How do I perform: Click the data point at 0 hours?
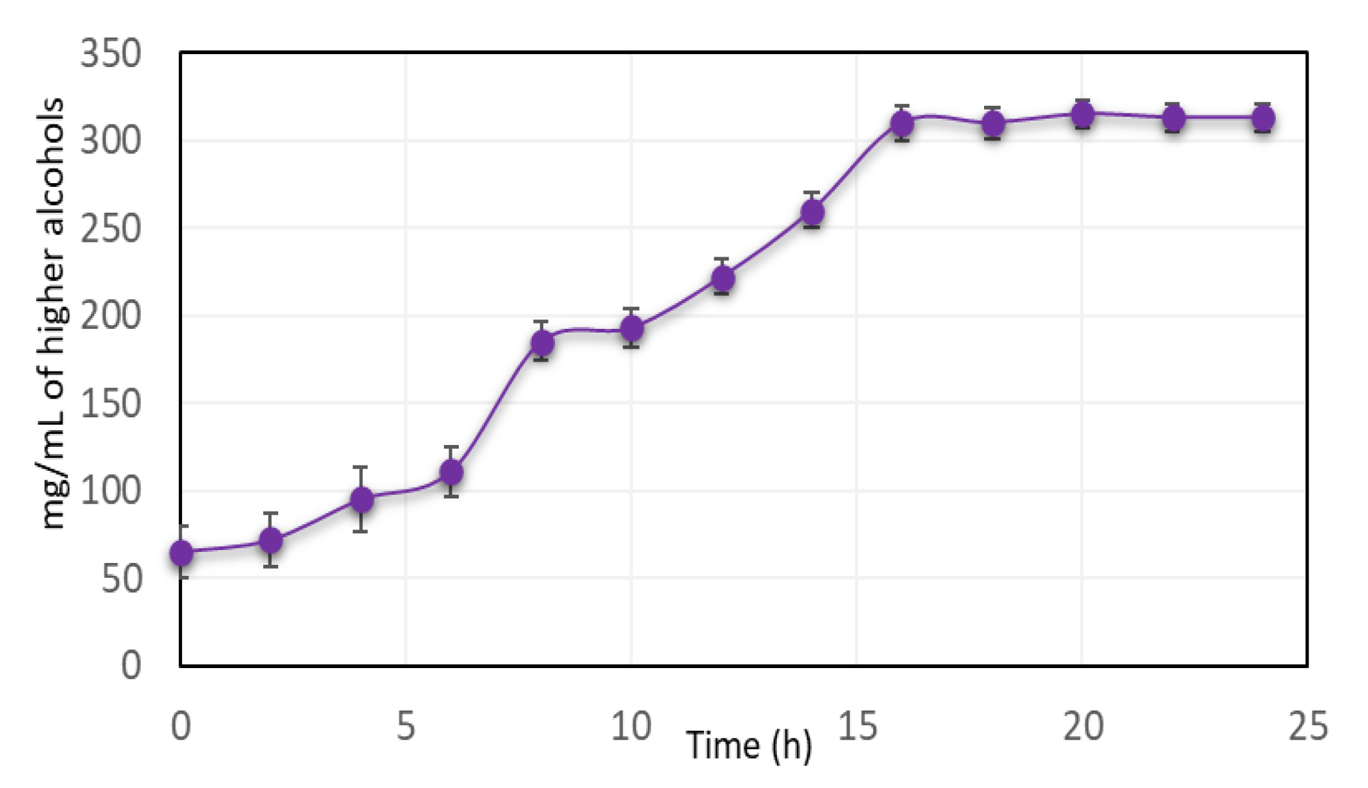(x=181, y=553)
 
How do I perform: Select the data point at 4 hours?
(x=361, y=500)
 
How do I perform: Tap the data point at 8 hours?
(x=542, y=342)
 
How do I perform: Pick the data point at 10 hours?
(x=632, y=329)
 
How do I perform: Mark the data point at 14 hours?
(x=812, y=212)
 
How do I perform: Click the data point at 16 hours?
(x=902, y=123)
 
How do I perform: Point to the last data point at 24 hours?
(x=1263, y=119)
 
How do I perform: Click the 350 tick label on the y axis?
(x=110, y=54)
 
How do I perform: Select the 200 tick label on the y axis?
(x=110, y=317)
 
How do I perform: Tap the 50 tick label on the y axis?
(x=121, y=579)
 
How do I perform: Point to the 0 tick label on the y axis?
(x=131, y=665)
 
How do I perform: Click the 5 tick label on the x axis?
(x=406, y=727)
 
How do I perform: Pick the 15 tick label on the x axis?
(x=858, y=727)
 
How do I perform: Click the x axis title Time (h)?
(x=749, y=746)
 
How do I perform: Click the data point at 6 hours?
(x=452, y=473)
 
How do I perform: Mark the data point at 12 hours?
(x=722, y=278)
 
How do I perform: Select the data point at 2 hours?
(x=271, y=540)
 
